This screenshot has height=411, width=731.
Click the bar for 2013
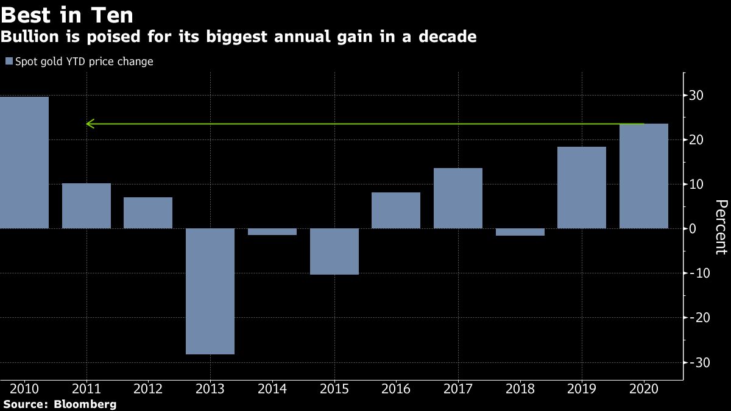coord(210,291)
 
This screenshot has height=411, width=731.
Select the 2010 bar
coord(24,163)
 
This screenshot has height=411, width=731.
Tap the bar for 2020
coord(643,176)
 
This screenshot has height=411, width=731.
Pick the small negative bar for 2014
coord(272,231)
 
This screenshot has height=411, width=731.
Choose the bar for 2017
coord(458,198)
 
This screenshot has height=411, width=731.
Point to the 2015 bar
coord(334,251)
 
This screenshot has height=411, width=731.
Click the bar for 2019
coord(582,188)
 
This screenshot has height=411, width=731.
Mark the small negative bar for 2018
coord(520,232)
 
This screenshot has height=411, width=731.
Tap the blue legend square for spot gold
coord(9,61)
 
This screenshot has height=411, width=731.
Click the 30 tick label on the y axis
coord(696,96)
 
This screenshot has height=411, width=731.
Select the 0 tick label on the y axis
coord(700,229)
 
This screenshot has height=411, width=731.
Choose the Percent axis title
coord(720,227)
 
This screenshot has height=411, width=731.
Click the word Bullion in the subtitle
coord(25,37)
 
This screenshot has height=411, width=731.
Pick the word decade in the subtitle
coord(448,37)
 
